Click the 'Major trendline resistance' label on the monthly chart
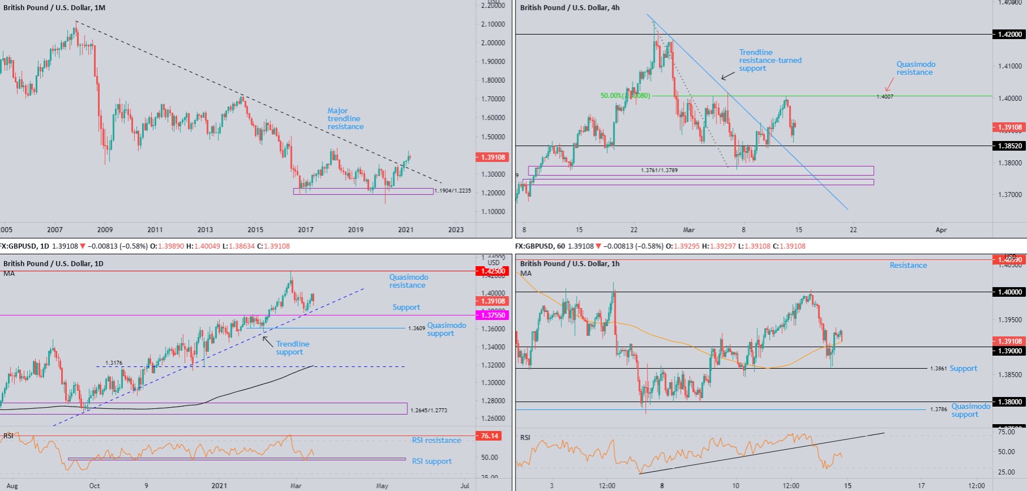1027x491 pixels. [x=345, y=119]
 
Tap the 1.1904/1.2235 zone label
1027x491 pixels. [x=453, y=191]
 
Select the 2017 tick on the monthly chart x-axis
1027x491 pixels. [x=305, y=230]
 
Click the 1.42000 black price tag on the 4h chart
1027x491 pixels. [x=1009, y=35]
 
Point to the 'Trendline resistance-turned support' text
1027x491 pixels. [x=770, y=61]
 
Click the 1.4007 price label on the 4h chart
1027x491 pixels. [x=884, y=97]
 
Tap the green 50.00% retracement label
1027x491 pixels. [x=625, y=96]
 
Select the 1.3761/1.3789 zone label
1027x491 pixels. [x=659, y=170]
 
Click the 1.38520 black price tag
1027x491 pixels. [x=1009, y=146]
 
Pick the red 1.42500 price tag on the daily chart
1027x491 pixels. [x=492, y=271]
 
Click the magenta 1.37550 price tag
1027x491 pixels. [x=492, y=315]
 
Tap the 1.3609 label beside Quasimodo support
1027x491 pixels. [x=416, y=328]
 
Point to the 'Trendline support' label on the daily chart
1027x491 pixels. [x=292, y=348]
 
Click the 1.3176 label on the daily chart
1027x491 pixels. [x=113, y=364]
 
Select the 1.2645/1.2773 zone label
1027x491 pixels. [x=428, y=410]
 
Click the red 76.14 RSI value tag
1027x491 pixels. [x=489, y=436]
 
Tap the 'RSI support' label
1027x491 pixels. [x=432, y=462]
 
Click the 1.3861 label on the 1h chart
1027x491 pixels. [x=938, y=369]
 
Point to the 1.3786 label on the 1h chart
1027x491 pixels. [x=938, y=409]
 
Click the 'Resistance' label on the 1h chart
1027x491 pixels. [x=908, y=266]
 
